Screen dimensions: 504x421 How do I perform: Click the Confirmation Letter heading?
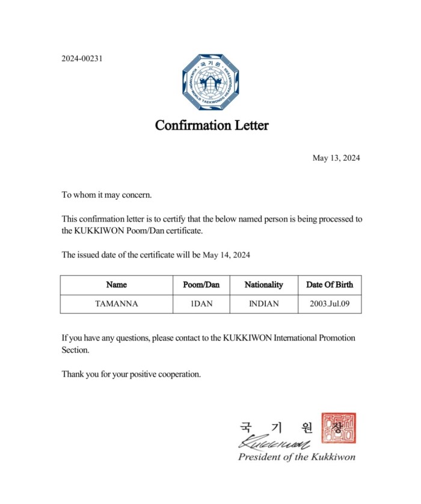pyautogui.click(x=212, y=126)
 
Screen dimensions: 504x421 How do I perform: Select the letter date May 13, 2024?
pyautogui.click(x=336, y=158)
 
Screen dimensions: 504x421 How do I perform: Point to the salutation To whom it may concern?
pyautogui.click(x=107, y=195)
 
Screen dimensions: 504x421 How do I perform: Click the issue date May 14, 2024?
pyautogui.click(x=226, y=255)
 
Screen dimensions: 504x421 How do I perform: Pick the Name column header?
pyautogui.click(x=116, y=284)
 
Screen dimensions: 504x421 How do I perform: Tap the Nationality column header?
pyautogui.click(x=263, y=284)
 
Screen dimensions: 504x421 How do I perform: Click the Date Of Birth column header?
pyautogui.click(x=330, y=284)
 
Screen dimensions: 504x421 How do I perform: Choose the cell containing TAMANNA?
pyautogui.click(x=116, y=304)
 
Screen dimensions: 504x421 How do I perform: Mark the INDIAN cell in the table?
pyautogui.click(x=263, y=304)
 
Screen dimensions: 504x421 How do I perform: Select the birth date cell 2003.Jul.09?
pyautogui.click(x=330, y=304)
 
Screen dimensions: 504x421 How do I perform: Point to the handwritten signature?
pyautogui.click(x=274, y=443)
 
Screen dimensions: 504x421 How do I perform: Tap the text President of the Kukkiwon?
pyautogui.click(x=297, y=457)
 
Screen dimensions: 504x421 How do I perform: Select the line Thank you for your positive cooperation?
pyautogui.click(x=131, y=374)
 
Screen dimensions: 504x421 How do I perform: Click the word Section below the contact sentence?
pyautogui.click(x=75, y=350)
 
